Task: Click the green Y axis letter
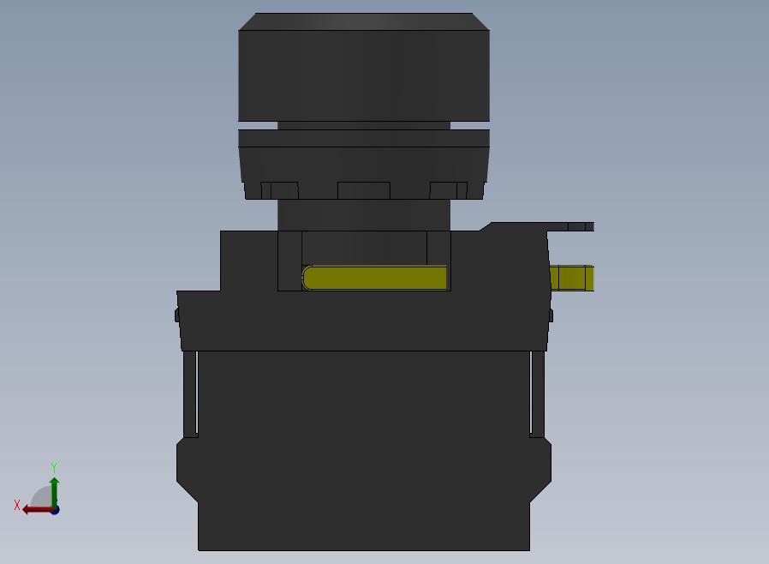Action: click(x=54, y=467)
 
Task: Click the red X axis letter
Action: click(x=17, y=505)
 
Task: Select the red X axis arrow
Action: click(x=39, y=510)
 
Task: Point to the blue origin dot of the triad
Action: click(x=55, y=511)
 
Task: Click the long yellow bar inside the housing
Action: click(x=375, y=278)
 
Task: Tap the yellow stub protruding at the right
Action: click(x=572, y=278)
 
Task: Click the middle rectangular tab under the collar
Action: click(x=364, y=190)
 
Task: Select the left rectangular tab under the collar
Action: click(x=279, y=190)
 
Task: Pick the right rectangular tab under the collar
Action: click(x=448, y=190)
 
